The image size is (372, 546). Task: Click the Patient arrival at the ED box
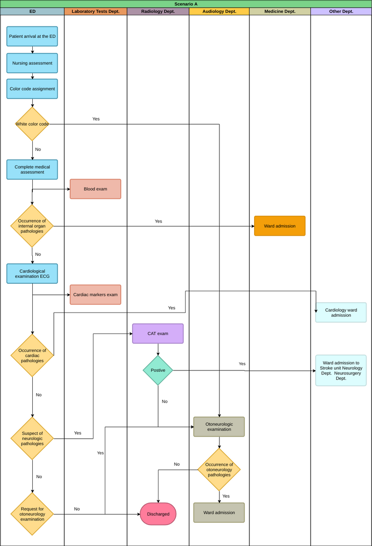(x=32, y=36)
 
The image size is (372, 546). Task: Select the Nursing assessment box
(x=32, y=63)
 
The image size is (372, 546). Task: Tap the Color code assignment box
(x=32, y=89)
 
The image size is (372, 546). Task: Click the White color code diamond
(x=32, y=124)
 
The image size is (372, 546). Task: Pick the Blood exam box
(x=95, y=189)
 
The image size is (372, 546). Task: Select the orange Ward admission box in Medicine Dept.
(x=280, y=226)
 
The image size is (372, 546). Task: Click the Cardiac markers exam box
(x=95, y=294)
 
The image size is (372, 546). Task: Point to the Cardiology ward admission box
(x=341, y=313)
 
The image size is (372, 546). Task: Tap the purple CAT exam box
(x=158, y=334)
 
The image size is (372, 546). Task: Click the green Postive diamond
(x=158, y=370)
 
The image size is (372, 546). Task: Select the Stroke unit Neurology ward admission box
(x=341, y=370)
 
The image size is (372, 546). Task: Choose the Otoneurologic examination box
(x=219, y=427)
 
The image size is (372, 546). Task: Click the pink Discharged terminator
(x=158, y=514)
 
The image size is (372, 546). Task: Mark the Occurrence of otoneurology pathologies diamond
(x=219, y=470)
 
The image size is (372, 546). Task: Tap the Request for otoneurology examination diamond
(x=32, y=514)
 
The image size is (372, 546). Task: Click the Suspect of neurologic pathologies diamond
(x=32, y=439)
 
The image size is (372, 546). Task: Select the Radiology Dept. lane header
(x=158, y=11)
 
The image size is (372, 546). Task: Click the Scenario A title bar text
(x=186, y=4)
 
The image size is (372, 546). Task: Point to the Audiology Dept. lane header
(x=219, y=11)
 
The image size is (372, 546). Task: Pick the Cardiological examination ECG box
(x=32, y=273)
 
